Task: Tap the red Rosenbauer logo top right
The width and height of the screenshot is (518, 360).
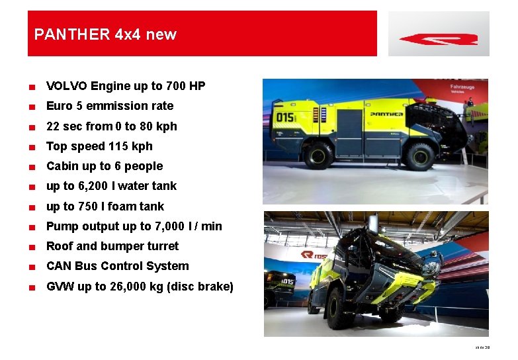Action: point(439,39)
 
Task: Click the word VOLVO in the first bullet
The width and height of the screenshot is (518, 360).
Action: point(67,86)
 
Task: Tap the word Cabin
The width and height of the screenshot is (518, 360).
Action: point(63,166)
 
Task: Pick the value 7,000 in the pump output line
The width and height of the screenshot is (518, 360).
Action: point(173,226)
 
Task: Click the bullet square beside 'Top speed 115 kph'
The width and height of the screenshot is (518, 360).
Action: point(31,147)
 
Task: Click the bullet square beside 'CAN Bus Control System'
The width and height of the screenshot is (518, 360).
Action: point(31,267)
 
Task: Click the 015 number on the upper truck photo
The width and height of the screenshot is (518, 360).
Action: point(285,117)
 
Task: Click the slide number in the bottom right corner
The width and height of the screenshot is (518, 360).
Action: point(482,347)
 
